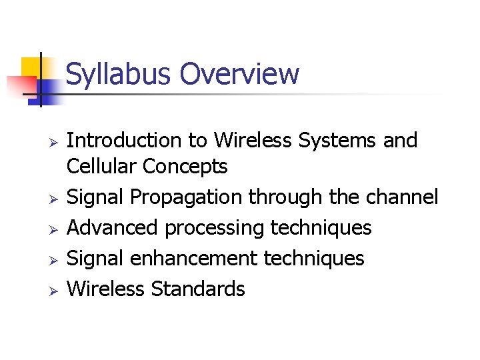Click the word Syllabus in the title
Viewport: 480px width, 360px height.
point(119,74)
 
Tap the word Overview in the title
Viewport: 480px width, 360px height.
point(240,74)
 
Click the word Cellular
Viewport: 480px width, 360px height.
point(99,167)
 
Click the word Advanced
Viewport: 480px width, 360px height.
point(113,228)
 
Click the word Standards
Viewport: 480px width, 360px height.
point(198,289)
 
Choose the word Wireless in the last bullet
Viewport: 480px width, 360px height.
point(107,289)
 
